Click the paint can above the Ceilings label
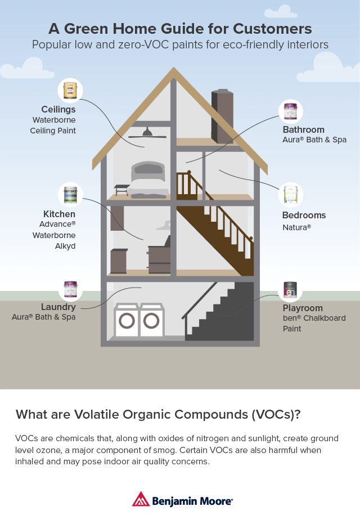(70, 91)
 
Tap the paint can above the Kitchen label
(70, 195)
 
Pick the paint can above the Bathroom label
(291, 111)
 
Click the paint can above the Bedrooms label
(291, 195)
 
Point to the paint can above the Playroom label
(290, 289)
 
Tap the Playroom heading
(303, 308)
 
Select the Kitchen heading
(59, 214)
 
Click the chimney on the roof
(222, 116)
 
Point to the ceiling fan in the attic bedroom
(147, 133)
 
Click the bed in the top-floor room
(148, 180)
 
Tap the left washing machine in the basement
(127, 320)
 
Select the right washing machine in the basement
(151, 320)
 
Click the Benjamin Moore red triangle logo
(141, 499)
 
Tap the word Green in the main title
(87, 29)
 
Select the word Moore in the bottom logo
(216, 501)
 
